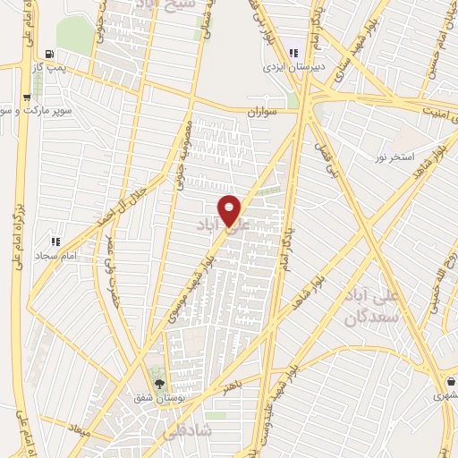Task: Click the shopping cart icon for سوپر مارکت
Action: (x=27, y=98)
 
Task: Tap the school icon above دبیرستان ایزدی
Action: (x=293, y=52)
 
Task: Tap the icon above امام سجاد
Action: (x=55, y=242)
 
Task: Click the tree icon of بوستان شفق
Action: (x=159, y=384)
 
